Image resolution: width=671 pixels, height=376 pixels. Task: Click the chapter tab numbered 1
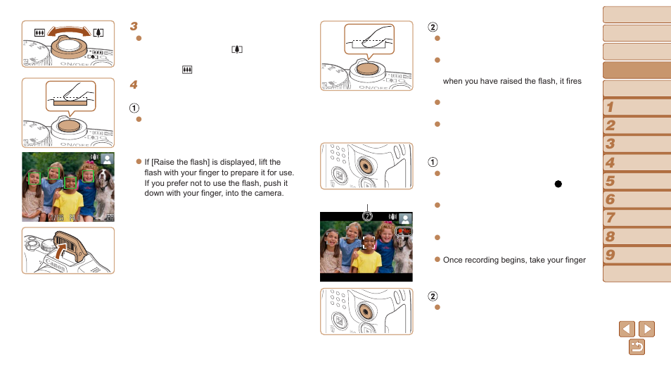point(637,107)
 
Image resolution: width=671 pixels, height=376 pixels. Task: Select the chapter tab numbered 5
point(637,181)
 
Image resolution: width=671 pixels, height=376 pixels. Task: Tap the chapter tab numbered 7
point(637,218)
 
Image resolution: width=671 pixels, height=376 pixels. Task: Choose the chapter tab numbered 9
point(637,255)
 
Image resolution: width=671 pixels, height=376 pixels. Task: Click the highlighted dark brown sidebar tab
point(637,70)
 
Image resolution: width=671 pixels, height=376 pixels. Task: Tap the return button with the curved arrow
point(637,347)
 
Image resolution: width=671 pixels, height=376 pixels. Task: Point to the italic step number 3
point(134,26)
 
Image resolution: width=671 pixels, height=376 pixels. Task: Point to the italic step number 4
point(134,84)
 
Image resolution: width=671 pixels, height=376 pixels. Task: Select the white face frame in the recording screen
point(369,242)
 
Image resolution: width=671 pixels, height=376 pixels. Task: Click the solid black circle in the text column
point(558,183)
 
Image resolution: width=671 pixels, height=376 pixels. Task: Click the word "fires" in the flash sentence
point(573,81)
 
